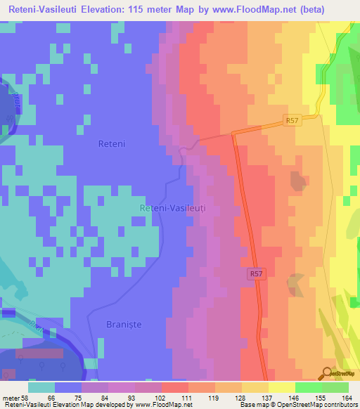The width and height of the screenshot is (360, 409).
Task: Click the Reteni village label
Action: (x=110, y=143)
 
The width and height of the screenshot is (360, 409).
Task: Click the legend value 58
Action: (x=27, y=397)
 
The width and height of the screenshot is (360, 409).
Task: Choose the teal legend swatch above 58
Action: (x=41, y=387)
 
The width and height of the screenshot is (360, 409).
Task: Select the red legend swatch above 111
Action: (x=174, y=387)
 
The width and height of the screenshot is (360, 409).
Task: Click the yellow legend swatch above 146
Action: (x=281, y=387)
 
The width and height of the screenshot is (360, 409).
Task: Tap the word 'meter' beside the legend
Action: (x=11, y=397)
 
